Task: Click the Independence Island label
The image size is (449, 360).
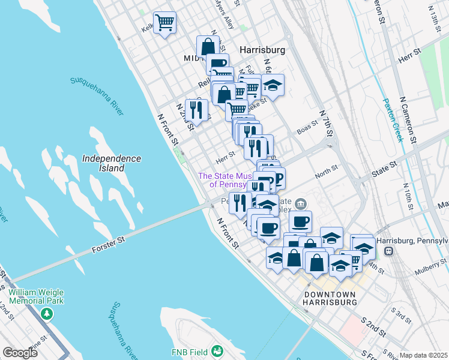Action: pos(112,163)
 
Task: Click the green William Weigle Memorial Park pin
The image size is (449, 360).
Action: pos(46,314)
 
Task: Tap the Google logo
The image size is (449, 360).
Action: pos(20,352)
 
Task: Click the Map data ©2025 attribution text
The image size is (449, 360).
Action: pos(423,355)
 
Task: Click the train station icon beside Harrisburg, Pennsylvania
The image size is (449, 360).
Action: pos(388,251)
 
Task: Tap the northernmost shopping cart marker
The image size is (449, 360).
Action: pos(164,23)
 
